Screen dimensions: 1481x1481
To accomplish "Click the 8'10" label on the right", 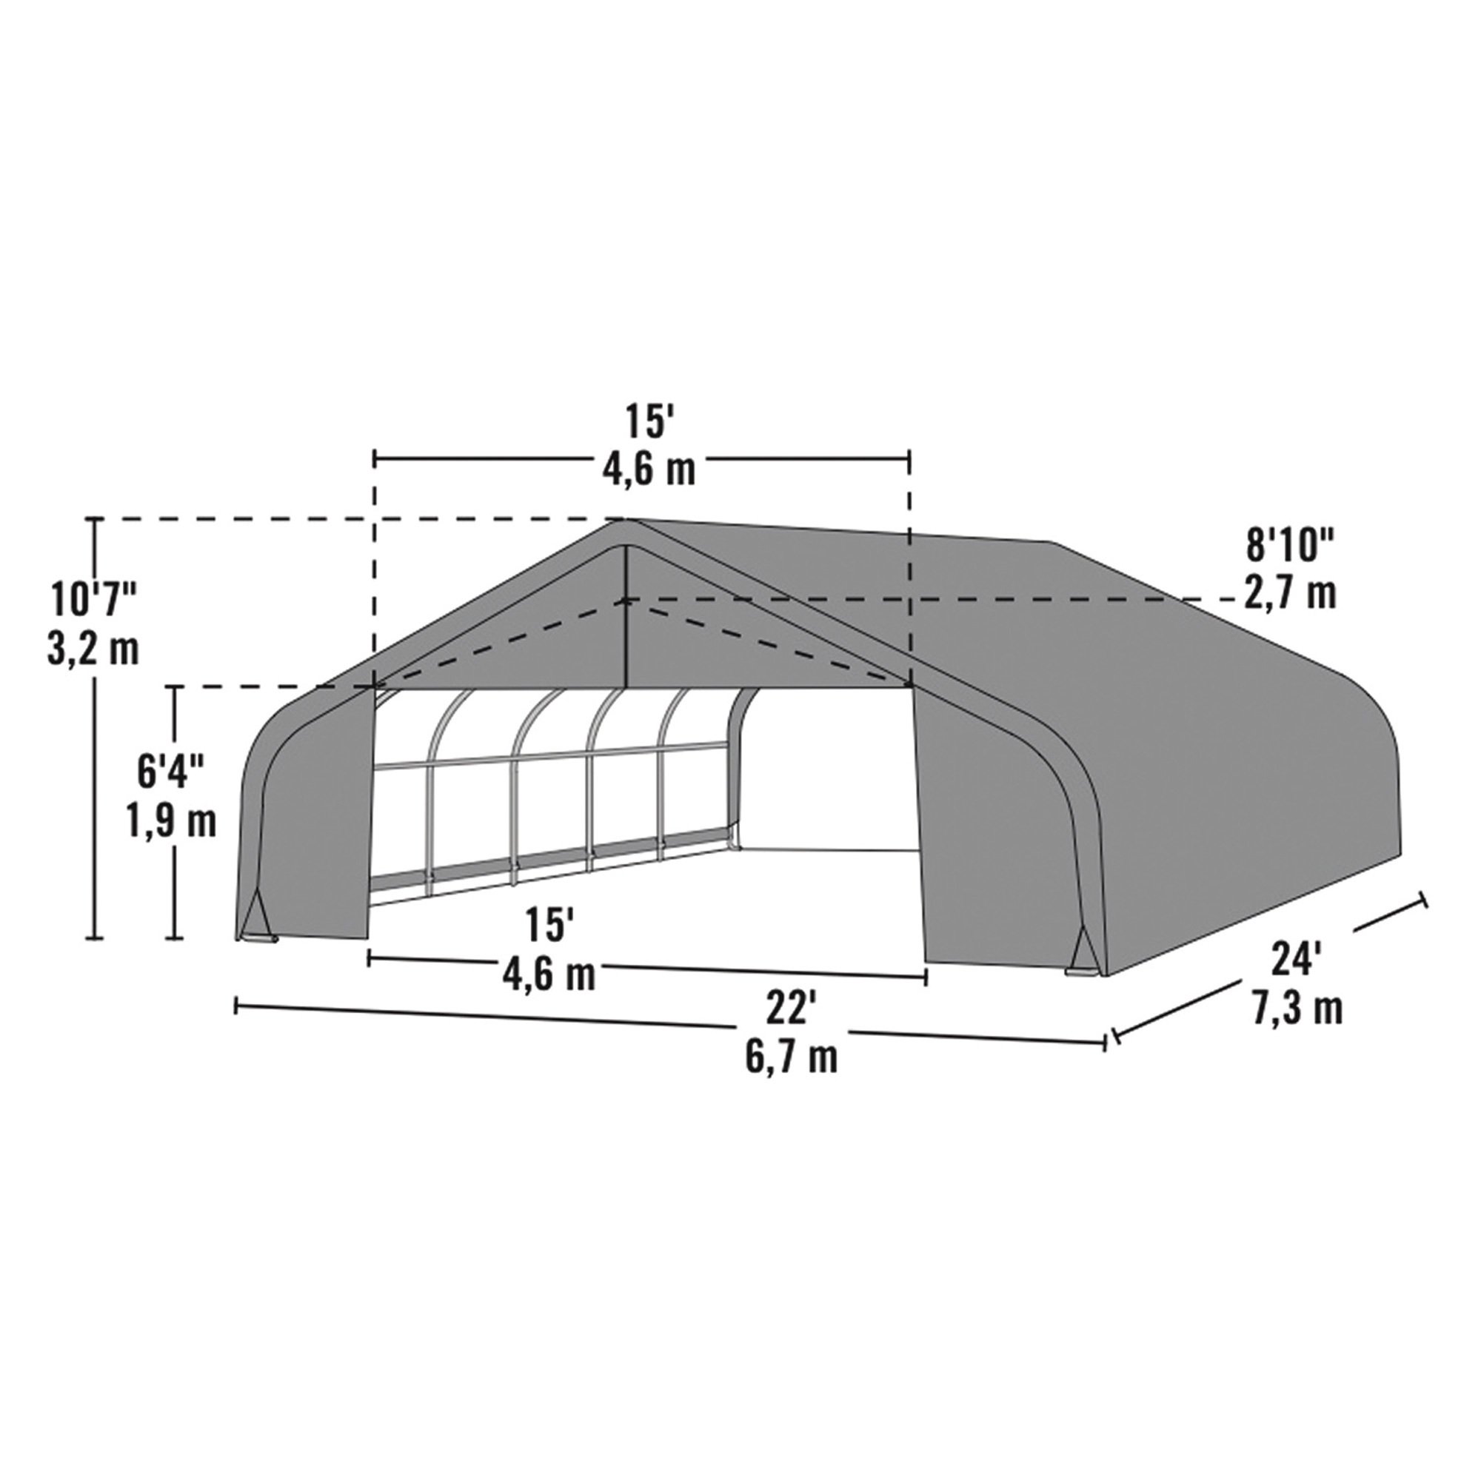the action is pyautogui.click(x=1290, y=546).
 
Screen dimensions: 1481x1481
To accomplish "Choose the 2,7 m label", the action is pyautogui.click(x=1289, y=594).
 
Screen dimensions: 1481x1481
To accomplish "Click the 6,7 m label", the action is pyautogui.click(x=790, y=1058).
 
